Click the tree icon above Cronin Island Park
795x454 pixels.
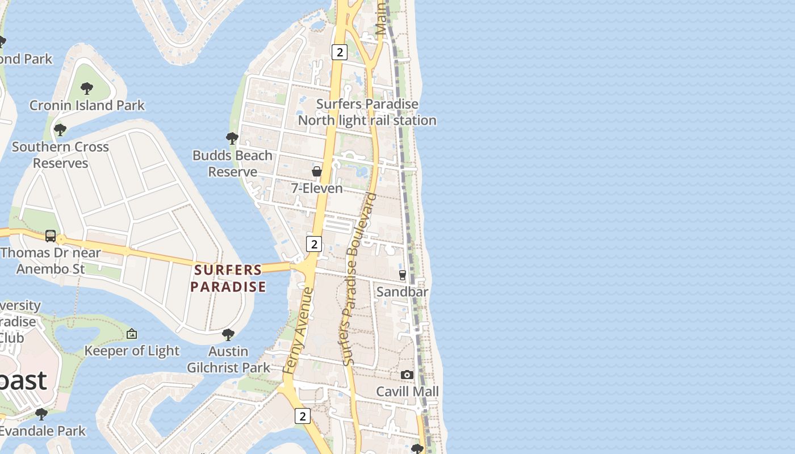pos(87,88)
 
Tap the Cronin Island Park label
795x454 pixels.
pos(87,106)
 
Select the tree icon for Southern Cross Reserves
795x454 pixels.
pos(60,130)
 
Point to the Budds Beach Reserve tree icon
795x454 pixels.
pos(232,138)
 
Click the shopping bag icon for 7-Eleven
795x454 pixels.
pos(317,171)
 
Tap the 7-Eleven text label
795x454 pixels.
pos(317,188)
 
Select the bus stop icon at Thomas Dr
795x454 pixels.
pos(51,236)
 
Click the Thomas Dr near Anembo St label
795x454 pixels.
pos(51,260)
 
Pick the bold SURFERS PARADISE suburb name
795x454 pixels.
pos(228,278)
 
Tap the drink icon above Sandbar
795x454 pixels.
pos(403,275)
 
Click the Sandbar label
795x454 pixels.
pos(403,292)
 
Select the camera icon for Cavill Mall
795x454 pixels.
pos(407,375)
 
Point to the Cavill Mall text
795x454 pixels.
pos(408,392)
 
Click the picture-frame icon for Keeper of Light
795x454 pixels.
pos(132,334)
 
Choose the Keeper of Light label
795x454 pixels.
pos(132,351)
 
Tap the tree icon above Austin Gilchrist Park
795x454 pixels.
pos(228,335)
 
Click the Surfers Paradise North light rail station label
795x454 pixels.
pos(367,112)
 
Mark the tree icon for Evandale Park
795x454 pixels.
pos(41,414)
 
